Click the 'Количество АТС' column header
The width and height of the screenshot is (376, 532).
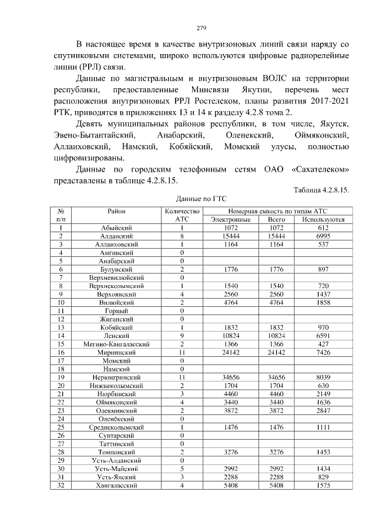click(x=183, y=215)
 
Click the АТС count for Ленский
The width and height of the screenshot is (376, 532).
click(x=183, y=335)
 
